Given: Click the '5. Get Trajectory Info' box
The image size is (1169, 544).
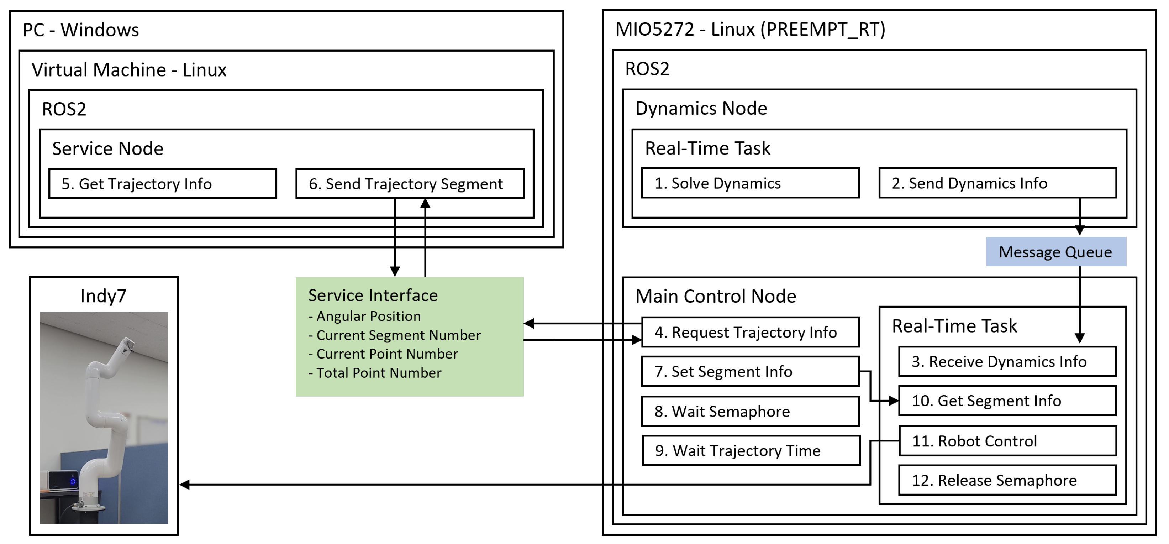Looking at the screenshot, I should tap(163, 183).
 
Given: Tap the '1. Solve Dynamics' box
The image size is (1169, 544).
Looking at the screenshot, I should tap(750, 183).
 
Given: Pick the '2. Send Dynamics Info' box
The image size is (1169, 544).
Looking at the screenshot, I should tap(997, 183).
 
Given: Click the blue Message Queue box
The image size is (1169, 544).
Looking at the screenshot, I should tap(1055, 252).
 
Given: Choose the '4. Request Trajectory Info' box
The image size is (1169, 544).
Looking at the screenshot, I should tap(750, 332).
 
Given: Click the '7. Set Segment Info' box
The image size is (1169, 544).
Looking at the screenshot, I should tap(750, 371).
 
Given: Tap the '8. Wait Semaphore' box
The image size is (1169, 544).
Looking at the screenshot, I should tap(750, 411).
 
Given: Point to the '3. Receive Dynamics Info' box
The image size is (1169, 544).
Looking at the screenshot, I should tap(1007, 361).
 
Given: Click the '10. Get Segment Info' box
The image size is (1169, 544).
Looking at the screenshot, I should tap(1007, 401).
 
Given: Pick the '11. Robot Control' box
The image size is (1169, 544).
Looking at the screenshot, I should tap(1007, 441).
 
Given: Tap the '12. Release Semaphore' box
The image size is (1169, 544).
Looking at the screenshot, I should tap(1007, 480).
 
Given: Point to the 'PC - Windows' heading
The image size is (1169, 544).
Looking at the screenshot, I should tap(81, 30).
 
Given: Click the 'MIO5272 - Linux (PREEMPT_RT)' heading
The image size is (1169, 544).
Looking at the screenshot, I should tap(750, 30).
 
